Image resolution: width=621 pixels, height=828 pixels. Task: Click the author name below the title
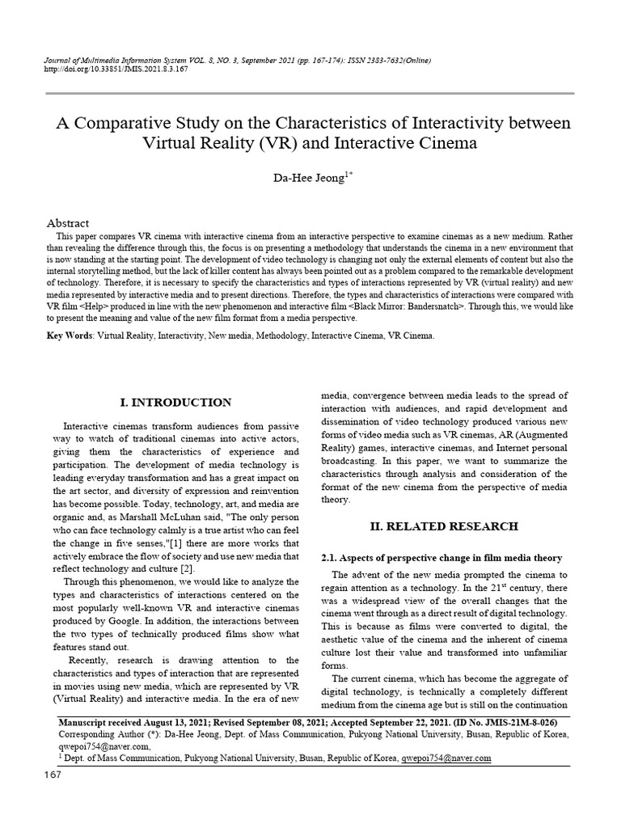308,178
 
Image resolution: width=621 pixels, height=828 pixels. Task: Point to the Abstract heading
68,222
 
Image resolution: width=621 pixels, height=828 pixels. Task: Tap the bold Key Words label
70,335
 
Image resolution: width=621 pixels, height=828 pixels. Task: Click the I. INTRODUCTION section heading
175,403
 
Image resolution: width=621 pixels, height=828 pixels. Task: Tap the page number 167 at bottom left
53,776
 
